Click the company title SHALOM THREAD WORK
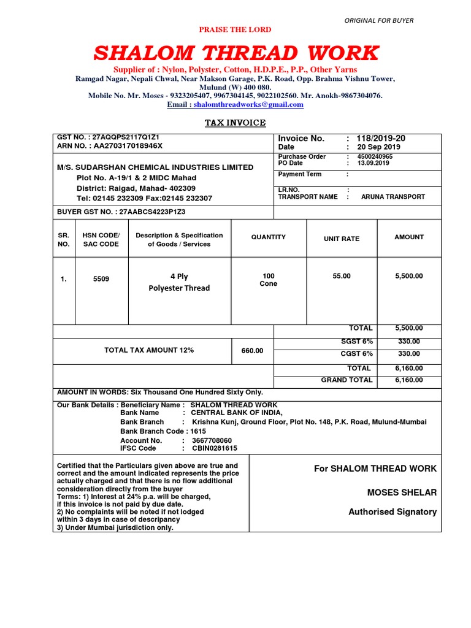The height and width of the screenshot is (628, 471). point(235,53)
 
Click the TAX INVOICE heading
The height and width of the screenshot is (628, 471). point(235,123)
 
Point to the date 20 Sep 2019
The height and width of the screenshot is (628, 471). point(378,147)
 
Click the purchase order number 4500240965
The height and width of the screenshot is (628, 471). point(375,156)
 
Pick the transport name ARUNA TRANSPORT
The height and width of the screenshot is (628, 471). point(392,197)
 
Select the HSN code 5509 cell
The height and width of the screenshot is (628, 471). point(101,279)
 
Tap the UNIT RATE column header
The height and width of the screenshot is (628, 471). point(342,239)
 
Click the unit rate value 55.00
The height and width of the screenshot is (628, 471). point(342,276)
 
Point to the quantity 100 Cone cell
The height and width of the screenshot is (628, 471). point(269,280)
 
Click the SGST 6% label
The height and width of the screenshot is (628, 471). point(357,341)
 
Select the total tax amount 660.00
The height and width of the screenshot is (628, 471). point(251,351)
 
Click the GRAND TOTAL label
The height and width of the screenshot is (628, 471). point(347,380)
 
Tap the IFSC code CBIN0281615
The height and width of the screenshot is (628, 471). point(214,448)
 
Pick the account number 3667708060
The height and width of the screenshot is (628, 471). point(212,440)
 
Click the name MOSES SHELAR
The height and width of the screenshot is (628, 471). point(402,492)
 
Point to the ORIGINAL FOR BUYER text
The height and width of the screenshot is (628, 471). point(378,20)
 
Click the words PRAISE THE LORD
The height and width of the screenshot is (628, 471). point(235,29)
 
